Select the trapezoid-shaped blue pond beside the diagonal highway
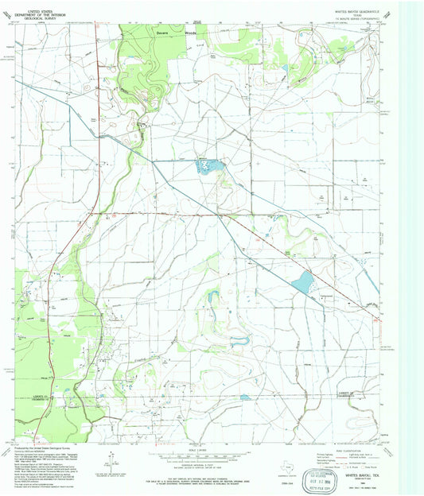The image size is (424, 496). [x=303, y=281]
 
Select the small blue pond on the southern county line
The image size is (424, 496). [x=245, y=396]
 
